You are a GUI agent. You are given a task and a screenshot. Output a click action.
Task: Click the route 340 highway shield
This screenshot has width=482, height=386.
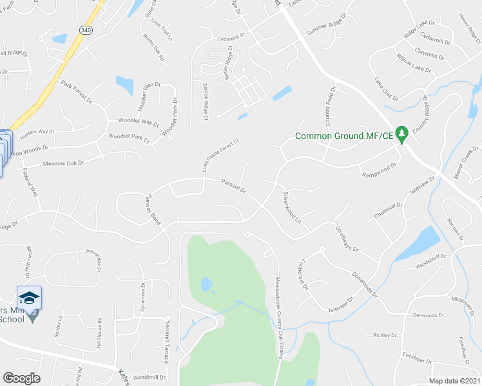(x=86, y=30)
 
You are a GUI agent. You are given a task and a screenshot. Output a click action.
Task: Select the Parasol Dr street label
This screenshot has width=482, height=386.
(x=234, y=187)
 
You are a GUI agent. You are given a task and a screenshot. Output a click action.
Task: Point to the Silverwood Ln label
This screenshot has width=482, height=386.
(x=293, y=207)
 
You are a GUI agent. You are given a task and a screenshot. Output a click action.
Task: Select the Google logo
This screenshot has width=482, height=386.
(x=21, y=378)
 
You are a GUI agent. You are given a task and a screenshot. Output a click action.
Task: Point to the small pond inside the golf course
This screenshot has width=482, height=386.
(x=206, y=284)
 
